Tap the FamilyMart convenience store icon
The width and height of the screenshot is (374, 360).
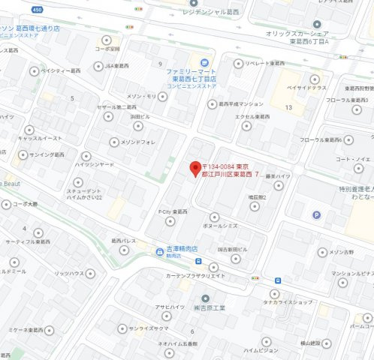coord(197,60)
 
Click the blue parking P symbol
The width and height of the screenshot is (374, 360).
coord(315,214)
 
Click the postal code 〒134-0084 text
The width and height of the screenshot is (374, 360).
coord(221,165)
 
